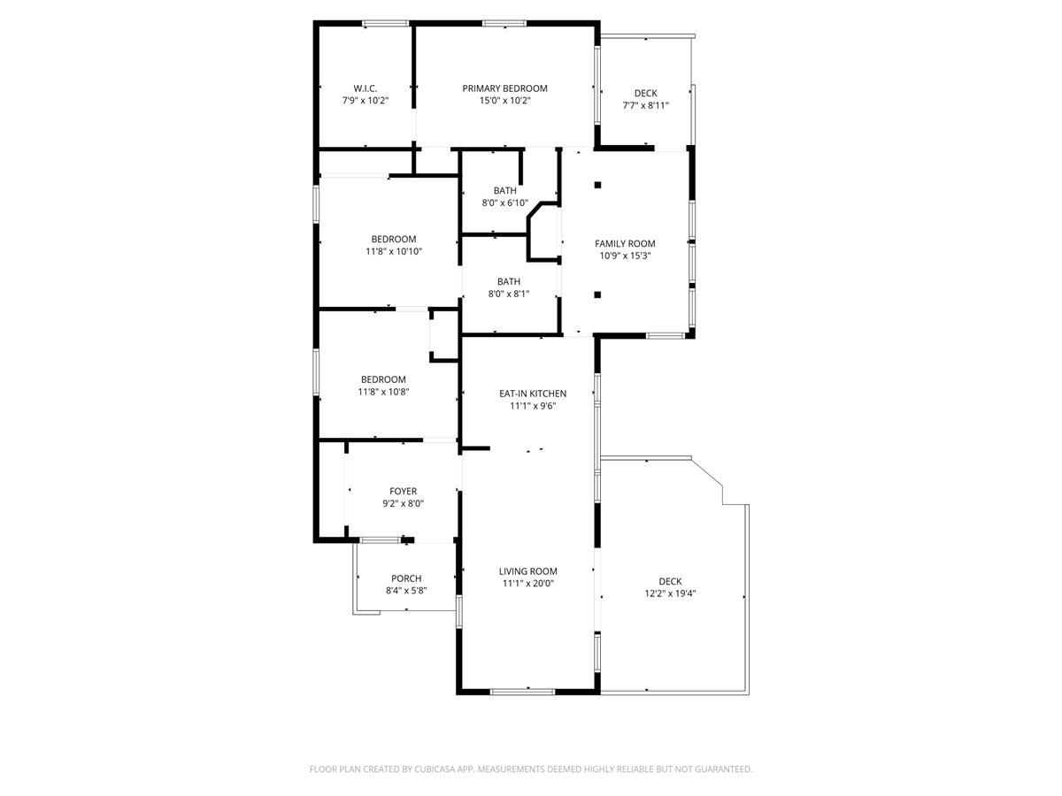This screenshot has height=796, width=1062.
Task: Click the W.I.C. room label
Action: (365, 88)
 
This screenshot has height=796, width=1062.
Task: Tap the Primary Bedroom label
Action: (504, 88)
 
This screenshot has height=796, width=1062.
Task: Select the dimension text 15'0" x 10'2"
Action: (504, 101)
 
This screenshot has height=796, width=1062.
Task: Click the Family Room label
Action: (625, 243)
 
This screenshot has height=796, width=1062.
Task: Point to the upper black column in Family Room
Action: (597, 185)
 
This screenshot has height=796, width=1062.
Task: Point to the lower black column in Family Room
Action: (597, 295)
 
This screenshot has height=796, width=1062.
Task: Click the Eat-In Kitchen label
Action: (533, 394)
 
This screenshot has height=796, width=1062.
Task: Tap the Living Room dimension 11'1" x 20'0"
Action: (527, 584)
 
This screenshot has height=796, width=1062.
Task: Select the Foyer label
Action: (403, 492)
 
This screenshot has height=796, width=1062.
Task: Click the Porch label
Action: (406, 578)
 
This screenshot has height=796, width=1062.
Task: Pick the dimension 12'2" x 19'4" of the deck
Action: (670, 593)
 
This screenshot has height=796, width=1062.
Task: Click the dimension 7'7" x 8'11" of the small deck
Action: (645, 105)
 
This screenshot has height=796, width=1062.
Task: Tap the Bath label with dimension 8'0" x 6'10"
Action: (505, 190)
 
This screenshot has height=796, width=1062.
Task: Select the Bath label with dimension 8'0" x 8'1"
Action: (509, 281)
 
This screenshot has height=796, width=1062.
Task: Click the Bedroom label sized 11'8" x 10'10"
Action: (393, 239)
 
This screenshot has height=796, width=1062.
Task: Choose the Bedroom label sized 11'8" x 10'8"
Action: (383, 380)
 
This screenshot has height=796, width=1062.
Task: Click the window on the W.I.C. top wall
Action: (386, 23)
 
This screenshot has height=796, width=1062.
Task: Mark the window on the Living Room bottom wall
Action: (522, 692)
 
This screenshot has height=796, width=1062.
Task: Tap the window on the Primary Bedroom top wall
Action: (504, 23)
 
